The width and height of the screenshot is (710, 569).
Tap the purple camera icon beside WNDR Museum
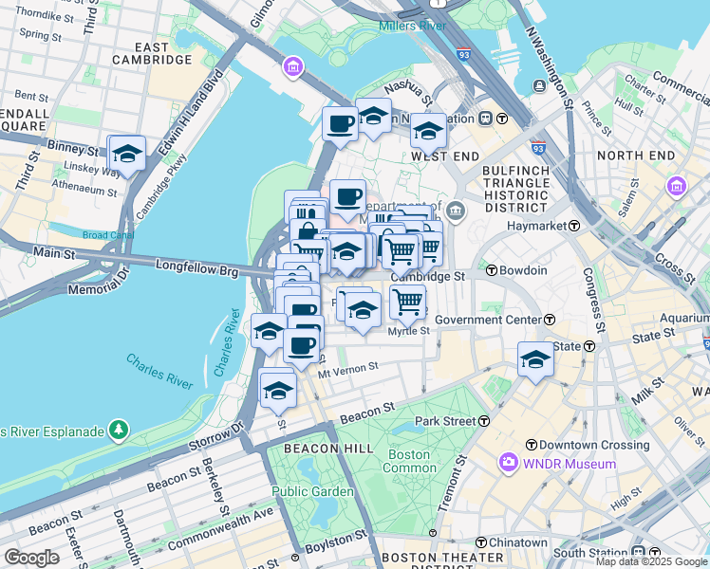click(x=508, y=464)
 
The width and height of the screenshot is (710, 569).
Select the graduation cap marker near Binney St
click(x=126, y=152)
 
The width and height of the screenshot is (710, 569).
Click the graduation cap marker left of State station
click(x=535, y=359)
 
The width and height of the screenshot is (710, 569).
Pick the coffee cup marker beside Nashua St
click(x=339, y=122)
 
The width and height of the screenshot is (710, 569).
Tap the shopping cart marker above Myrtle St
click(x=407, y=302)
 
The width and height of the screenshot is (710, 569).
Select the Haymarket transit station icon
click(x=574, y=226)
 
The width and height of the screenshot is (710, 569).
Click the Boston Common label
click(x=410, y=461)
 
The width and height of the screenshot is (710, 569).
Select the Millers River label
click(x=412, y=26)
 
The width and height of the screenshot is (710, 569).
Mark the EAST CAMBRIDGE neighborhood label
click(x=150, y=53)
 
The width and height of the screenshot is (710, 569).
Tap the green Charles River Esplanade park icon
click(x=119, y=431)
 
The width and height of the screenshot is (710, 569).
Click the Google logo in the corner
click(x=31, y=558)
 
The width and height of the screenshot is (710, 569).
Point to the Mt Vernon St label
click(x=348, y=365)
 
